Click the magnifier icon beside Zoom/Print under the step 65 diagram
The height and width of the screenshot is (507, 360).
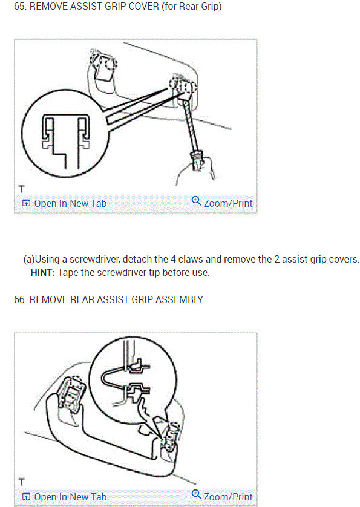pos(196,201)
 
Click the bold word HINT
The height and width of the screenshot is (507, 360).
pos(42,272)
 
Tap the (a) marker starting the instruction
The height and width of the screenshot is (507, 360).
pos(28,259)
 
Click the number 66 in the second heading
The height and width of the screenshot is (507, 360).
pos(19,299)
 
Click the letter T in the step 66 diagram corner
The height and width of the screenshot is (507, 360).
pos(22,482)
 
